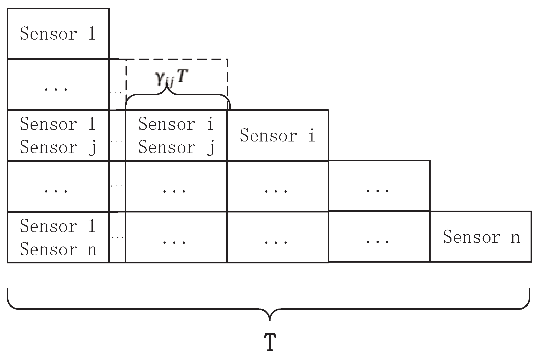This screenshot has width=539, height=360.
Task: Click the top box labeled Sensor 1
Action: (x=58, y=34)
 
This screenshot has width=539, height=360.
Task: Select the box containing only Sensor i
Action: (x=277, y=135)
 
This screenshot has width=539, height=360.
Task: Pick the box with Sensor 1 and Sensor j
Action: (x=58, y=135)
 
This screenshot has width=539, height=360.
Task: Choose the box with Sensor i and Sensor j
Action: (x=176, y=135)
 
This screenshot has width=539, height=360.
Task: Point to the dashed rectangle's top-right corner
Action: (x=228, y=59)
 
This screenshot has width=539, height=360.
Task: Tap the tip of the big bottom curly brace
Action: (x=269, y=320)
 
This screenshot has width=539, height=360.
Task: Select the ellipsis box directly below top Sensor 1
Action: (x=58, y=84)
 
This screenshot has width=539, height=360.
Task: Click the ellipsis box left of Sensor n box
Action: (x=379, y=237)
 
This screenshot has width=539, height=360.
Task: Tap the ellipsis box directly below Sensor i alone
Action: (x=277, y=186)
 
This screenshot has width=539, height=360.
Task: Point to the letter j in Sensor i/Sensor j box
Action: (x=210, y=148)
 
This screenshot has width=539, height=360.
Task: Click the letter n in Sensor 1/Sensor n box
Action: (x=92, y=249)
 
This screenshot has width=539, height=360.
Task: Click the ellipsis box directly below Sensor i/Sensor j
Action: (x=176, y=186)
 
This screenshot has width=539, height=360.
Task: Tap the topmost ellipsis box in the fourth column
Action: (x=379, y=186)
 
